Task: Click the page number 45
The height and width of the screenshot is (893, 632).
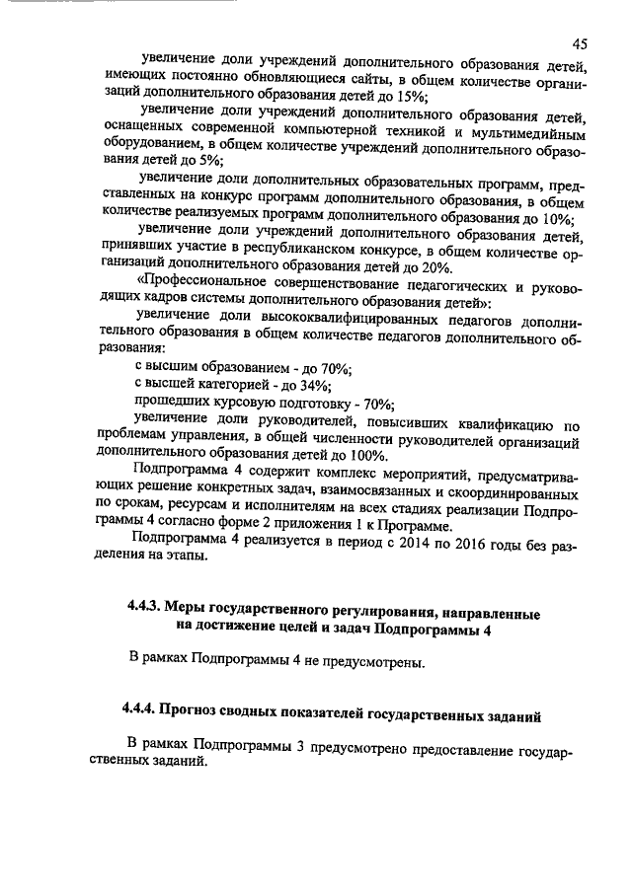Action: [x=580, y=43]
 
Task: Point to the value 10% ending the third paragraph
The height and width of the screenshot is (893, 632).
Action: [x=558, y=218]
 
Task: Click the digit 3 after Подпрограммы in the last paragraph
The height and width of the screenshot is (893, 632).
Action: [x=298, y=742]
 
